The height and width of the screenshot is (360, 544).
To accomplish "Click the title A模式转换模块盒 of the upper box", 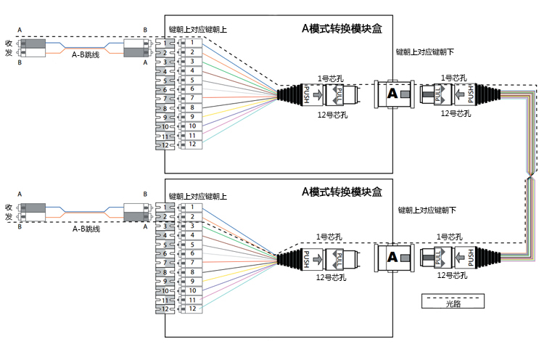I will click(342, 28).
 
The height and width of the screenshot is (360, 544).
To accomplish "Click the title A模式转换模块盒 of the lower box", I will click(342, 192).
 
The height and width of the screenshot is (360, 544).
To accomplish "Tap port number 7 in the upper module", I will click(192, 98).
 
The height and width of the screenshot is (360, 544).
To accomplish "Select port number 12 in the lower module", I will click(192, 308).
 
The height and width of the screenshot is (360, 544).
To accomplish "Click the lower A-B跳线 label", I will click(86, 229).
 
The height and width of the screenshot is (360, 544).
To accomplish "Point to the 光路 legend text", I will click(453, 304).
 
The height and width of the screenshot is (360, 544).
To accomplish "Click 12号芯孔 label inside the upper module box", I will click(332, 115).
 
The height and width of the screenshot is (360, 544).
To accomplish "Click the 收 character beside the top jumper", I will click(8, 43).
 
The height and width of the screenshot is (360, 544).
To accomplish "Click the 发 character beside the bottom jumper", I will click(8, 216).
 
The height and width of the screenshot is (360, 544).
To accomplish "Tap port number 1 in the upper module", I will click(192, 44).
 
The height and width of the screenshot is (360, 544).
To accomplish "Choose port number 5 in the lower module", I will click(192, 245).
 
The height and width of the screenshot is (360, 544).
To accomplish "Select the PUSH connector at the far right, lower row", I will click(470, 258).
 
